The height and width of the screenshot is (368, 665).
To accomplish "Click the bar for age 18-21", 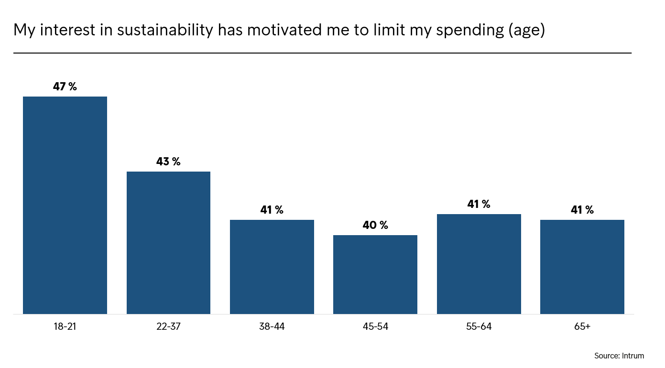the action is pyautogui.click(x=65, y=205).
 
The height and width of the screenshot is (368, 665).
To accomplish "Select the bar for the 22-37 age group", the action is pyautogui.click(x=168, y=243).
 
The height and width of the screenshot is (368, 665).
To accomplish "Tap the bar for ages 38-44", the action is pyautogui.click(x=272, y=267).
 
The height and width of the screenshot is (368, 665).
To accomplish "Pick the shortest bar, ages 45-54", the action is pyautogui.click(x=375, y=274).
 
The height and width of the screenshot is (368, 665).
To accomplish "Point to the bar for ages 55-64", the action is pyautogui.click(x=479, y=264).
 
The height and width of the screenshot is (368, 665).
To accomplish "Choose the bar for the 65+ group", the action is pyautogui.click(x=582, y=267).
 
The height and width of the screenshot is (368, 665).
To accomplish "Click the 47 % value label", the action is pyautogui.click(x=65, y=87).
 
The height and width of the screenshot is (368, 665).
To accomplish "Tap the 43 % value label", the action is pyautogui.click(x=168, y=162).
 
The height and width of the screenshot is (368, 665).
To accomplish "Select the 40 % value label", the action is pyautogui.click(x=375, y=225).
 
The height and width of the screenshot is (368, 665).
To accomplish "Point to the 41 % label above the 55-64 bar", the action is pyautogui.click(x=479, y=204).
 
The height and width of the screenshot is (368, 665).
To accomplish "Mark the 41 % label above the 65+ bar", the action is pyautogui.click(x=582, y=210).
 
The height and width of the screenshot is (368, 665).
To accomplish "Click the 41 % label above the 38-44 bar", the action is pyautogui.click(x=272, y=210).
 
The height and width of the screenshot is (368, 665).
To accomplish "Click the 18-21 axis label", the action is pyautogui.click(x=65, y=326).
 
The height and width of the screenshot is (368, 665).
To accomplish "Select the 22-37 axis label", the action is pyautogui.click(x=168, y=326).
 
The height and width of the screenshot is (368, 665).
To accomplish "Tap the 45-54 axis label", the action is pyautogui.click(x=375, y=326).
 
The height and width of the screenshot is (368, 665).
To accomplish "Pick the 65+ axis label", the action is pyautogui.click(x=582, y=326).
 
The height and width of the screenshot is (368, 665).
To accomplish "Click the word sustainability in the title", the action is pyautogui.click(x=165, y=30).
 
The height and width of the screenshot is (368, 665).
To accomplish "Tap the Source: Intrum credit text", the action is pyautogui.click(x=619, y=356).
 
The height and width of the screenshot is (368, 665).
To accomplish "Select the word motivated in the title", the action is pyautogui.click(x=284, y=30).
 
